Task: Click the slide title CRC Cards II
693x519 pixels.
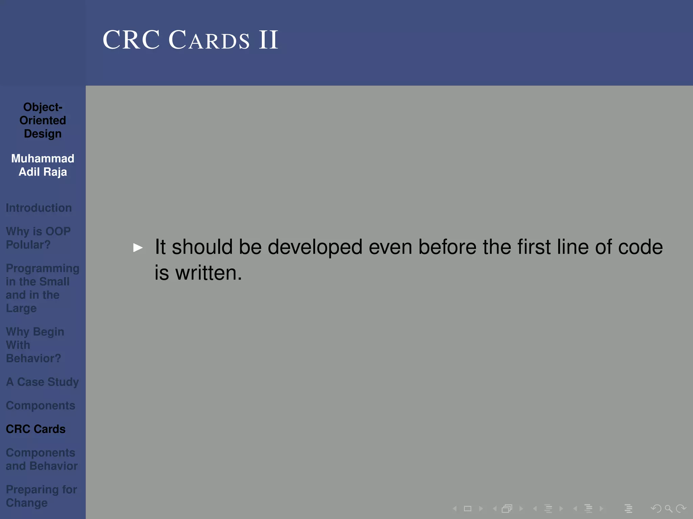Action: tap(190, 40)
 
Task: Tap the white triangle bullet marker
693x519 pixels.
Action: tap(138, 248)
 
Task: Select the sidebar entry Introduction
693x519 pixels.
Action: tap(39, 208)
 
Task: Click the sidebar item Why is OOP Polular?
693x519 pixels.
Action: tap(38, 238)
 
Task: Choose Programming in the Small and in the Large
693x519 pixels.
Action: tap(42, 288)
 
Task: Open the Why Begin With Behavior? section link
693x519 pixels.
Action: tap(35, 345)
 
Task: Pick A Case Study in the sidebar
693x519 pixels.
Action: tap(42, 382)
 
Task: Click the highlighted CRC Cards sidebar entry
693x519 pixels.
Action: tap(36, 429)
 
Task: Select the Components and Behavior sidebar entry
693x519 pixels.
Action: tap(41, 459)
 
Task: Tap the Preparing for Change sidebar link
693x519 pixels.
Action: tap(41, 496)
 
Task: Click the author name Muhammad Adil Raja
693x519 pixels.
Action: tap(43, 165)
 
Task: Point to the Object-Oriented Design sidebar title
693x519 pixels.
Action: tap(43, 120)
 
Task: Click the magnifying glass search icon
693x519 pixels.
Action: tap(668, 509)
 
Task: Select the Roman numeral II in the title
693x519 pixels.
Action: tap(268, 40)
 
